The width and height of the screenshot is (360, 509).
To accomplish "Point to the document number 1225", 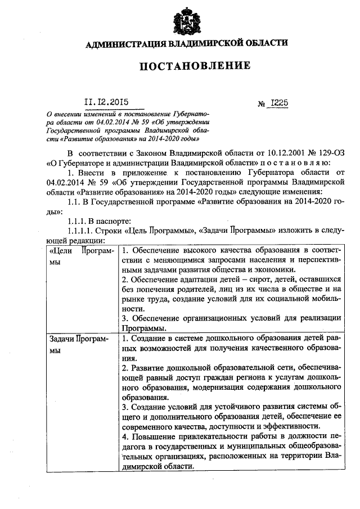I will click(x=279, y=103).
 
